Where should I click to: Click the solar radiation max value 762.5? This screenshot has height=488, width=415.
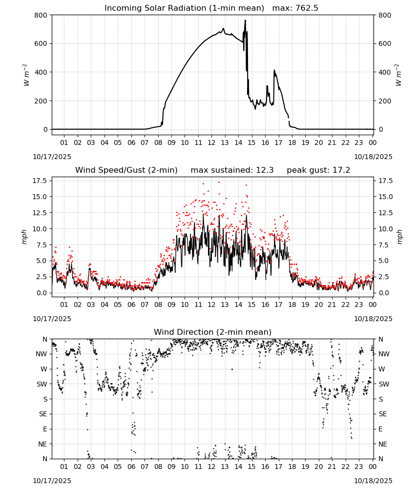[307, 8]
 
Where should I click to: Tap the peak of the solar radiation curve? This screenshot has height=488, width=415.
[245, 20]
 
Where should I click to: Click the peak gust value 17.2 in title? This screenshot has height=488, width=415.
[342, 170]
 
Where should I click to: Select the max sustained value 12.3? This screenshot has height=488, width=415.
[265, 170]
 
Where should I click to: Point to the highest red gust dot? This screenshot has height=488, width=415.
[219, 182]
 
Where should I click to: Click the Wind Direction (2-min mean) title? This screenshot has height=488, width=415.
[213, 332]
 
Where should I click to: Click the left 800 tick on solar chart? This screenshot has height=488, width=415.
[41, 15]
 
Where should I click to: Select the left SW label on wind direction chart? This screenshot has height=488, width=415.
[42, 384]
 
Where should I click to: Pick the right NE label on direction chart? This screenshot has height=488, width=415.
[383, 444]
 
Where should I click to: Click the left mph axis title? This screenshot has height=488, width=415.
[24, 237]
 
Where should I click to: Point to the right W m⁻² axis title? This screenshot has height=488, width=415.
[398, 75]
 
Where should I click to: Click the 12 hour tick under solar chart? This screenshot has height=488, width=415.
[211, 142]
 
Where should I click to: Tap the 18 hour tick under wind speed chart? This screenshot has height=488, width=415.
[292, 305]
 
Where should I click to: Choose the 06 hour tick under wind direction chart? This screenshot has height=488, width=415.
[131, 467]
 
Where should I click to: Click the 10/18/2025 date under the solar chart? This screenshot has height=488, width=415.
[373, 157]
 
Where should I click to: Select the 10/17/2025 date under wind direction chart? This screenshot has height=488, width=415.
[52, 481]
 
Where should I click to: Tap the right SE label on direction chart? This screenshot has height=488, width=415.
[383, 414]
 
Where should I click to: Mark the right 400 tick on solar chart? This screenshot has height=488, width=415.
[385, 72]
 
